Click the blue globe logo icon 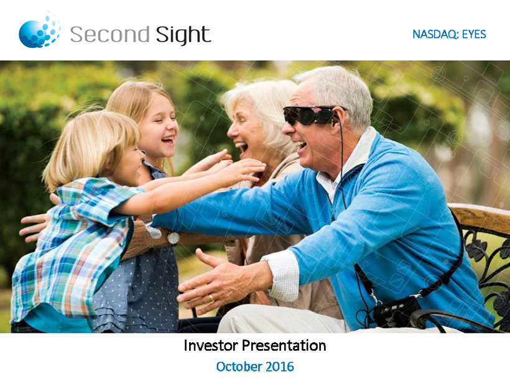click(x=39, y=30)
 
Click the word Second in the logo click(x=109, y=34)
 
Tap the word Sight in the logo click(x=183, y=35)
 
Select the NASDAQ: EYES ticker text click(x=449, y=34)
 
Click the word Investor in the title click(x=210, y=345)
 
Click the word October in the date click(x=239, y=366)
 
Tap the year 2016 click(x=280, y=366)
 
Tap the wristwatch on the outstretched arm click(x=174, y=238)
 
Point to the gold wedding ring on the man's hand click(x=211, y=298)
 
